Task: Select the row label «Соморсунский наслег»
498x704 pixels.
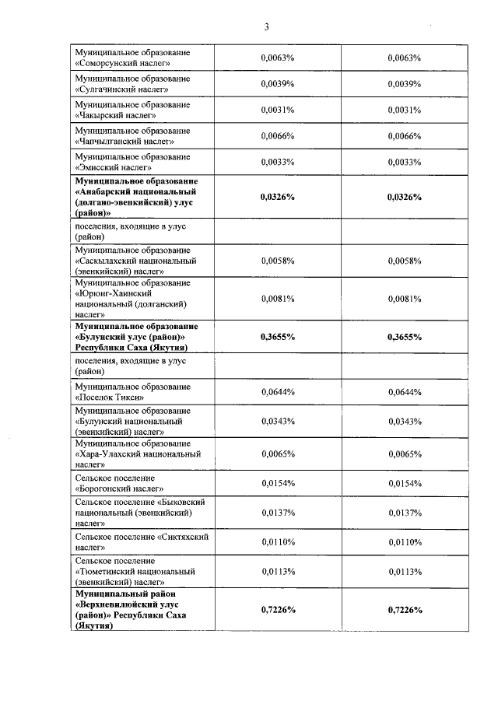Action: tap(132, 57)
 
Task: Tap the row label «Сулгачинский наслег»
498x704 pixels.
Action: tap(132, 83)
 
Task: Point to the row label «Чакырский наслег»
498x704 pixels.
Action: tap(132, 110)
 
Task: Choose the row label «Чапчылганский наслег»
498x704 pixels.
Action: tap(132, 136)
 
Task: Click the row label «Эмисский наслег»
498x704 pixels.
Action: tap(132, 162)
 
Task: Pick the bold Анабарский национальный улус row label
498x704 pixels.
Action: tap(136, 196)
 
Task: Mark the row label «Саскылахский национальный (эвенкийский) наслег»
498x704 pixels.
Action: tap(136, 261)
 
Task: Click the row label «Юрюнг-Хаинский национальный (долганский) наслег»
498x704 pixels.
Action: tap(132, 299)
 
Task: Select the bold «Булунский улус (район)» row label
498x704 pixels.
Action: tap(136, 337)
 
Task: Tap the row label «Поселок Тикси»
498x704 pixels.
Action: tap(132, 391)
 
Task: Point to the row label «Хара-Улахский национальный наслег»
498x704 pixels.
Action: tap(136, 454)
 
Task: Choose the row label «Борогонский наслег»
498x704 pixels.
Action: tap(124, 483)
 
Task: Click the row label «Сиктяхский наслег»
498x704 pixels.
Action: tap(132, 542)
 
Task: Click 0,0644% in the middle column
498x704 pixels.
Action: tap(278, 391)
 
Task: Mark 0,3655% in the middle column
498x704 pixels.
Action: tap(278, 337)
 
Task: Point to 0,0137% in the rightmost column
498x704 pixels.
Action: tap(405, 513)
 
